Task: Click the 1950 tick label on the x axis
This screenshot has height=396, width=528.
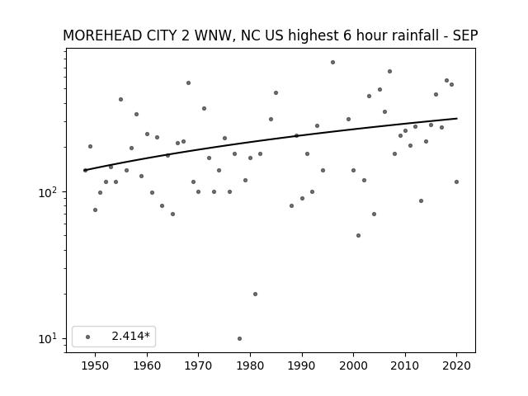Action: [96, 365]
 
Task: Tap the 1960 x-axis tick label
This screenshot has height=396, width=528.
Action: [147, 365]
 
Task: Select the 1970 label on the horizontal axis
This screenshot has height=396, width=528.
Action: [198, 365]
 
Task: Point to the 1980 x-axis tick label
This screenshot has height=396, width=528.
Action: [250, 365]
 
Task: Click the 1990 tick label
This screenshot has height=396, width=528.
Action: [302, 365]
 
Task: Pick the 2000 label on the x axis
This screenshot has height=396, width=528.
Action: [353, 365]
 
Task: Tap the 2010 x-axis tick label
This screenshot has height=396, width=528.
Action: [405, 365]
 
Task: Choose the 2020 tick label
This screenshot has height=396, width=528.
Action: [456, 365]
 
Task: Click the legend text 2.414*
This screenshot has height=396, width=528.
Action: [130, 336]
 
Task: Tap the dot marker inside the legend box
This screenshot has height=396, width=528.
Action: [88, 337]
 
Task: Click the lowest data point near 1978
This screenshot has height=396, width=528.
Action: [239, 339]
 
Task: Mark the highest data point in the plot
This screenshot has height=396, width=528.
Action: [332, 63]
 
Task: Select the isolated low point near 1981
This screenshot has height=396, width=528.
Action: [255, 294]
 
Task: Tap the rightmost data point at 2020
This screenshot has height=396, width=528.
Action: [456, 181]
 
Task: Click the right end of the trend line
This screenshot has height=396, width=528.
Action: [457, 119]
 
